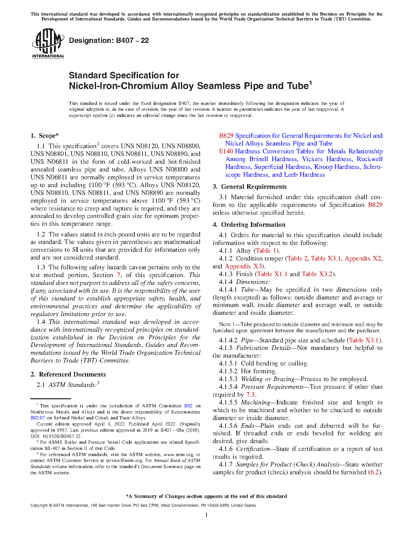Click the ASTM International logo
tap(48, 43)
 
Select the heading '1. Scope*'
tap(44, 136)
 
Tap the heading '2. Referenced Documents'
tap(68, 375)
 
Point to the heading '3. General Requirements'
tap(249, 187)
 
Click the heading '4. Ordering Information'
tap(249, 225)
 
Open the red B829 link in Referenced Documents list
tap(226, 136)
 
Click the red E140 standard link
tap(226, 151)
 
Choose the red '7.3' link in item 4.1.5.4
tap(250, 395)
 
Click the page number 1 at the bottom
tap(206, 515)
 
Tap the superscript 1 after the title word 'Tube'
tap(310, 83)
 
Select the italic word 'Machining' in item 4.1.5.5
tap(255, 402)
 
